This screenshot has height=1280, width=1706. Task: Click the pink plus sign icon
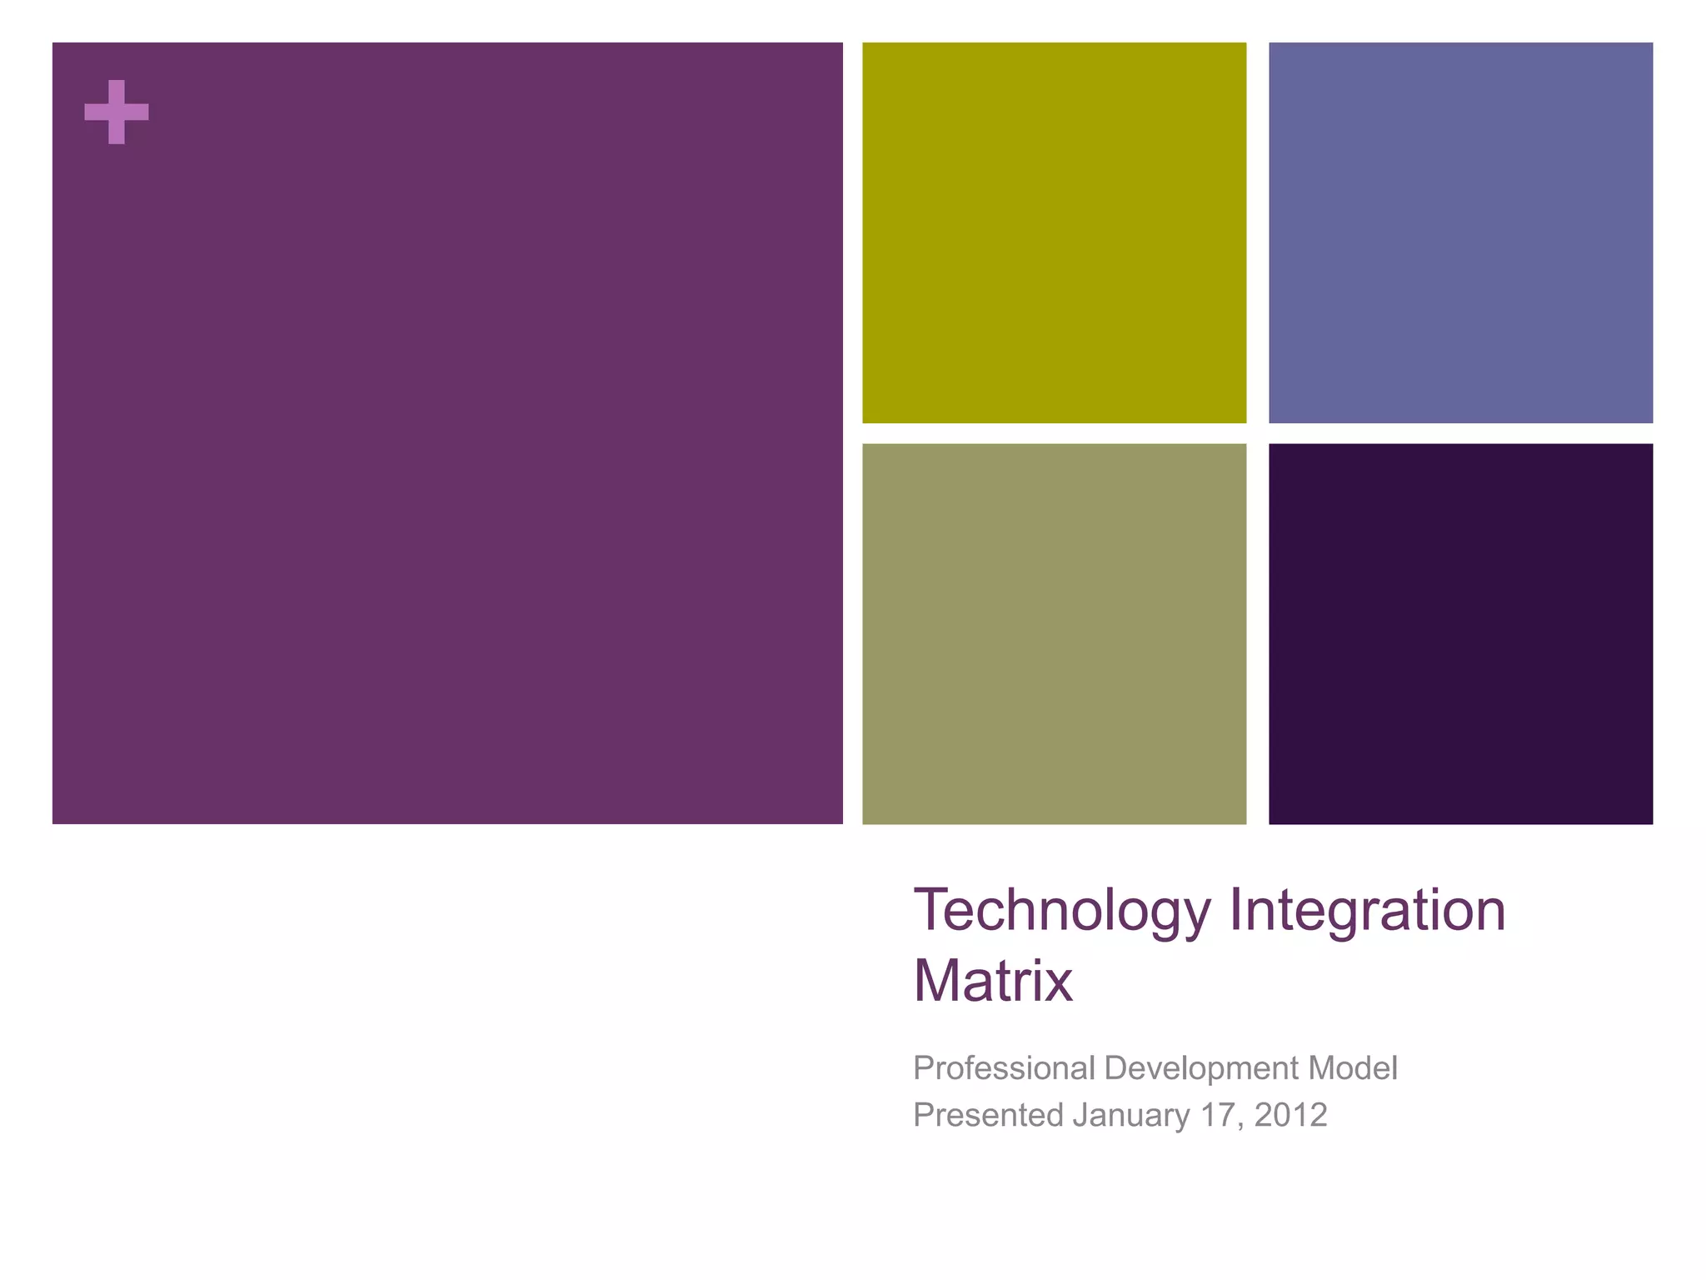pyautogui.click(x=117, y=112)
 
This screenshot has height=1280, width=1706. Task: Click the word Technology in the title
pyautogui.click(x=1062, y=910)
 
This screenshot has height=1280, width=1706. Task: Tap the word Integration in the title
pyautogui.click(x=1367, y=910)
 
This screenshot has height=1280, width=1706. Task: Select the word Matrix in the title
pyautogui.click(x=992, y=981)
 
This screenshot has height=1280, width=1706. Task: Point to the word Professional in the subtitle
pyautogui.click(x=1003, y=1068)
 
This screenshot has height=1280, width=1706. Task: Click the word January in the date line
pyautogui.click(x=1131, y=1115)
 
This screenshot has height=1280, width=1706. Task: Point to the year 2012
pyautogui.click(x=1290, y=1115)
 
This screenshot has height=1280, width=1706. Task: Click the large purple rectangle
pyautogui.click(x=447, y=433)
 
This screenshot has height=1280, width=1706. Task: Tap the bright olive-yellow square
pyautogui.click(x=1054, y=232)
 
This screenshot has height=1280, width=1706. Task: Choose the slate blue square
pyautogui.click(x=1460, y=232)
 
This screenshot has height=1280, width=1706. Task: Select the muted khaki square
pyautogui.click(x=1054, y=633)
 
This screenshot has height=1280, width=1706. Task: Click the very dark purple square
pyautogui.click(x=1460, y=633)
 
